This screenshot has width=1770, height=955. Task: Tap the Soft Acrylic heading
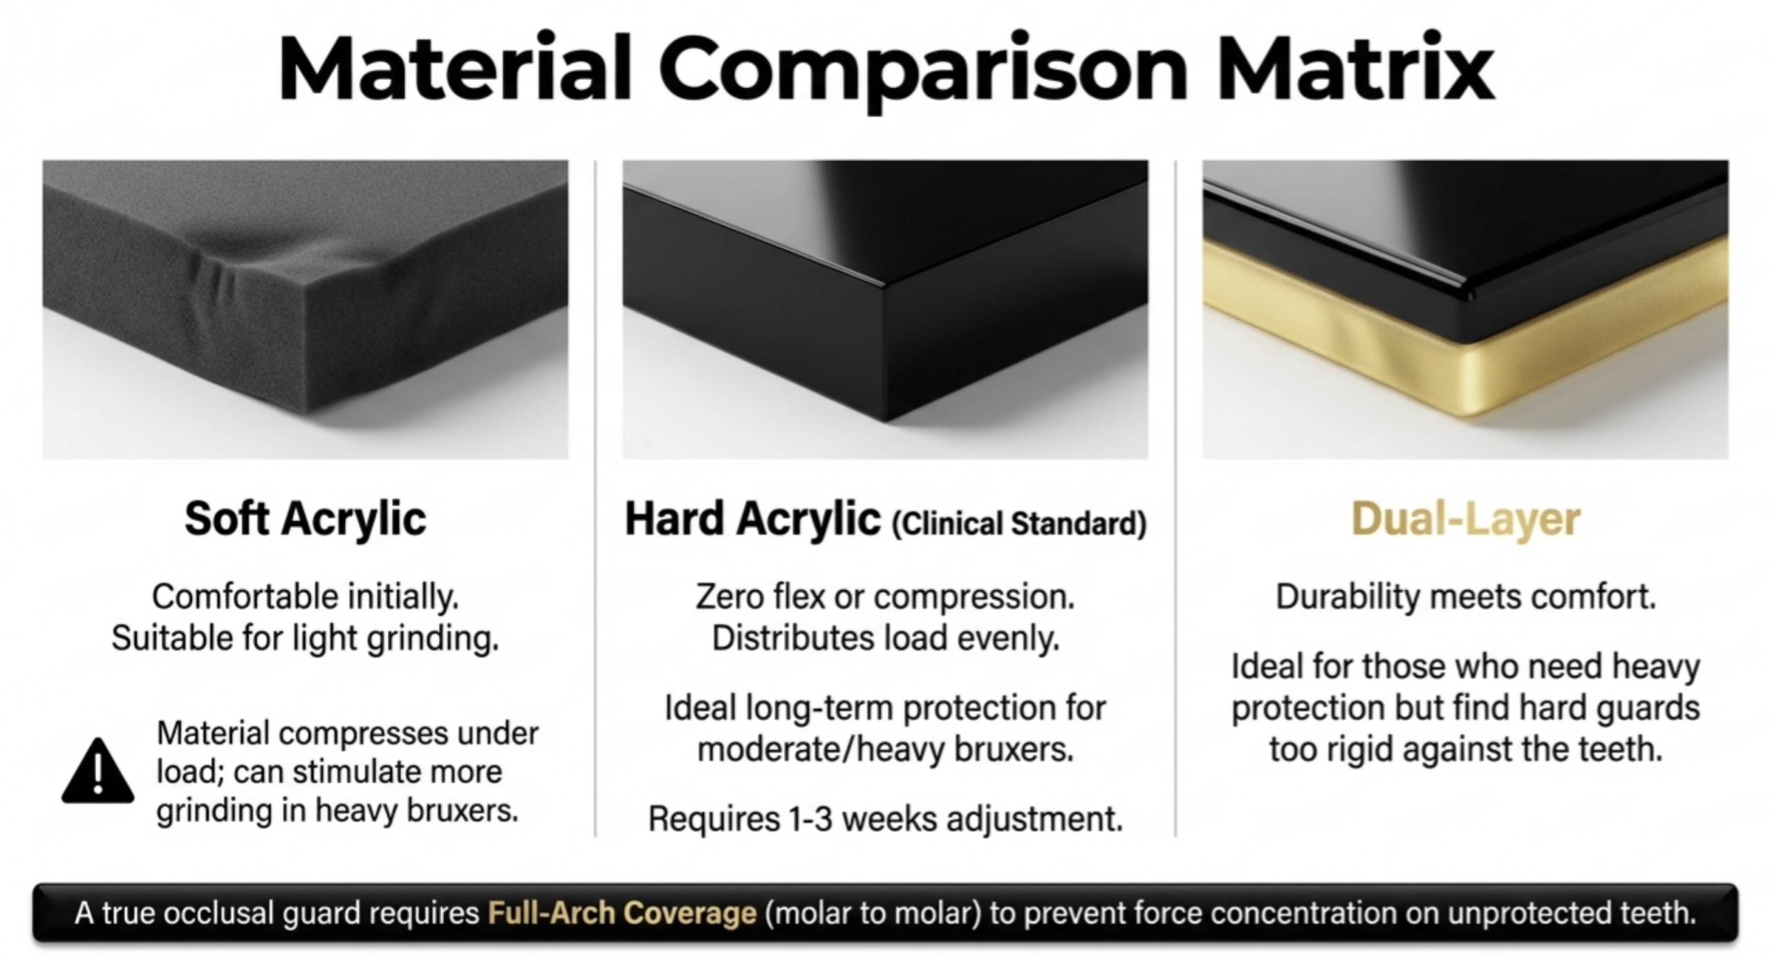coord(305,519)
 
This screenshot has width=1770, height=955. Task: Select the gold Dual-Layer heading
coord(1466,520)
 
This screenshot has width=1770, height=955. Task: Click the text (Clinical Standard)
coord(1019,524)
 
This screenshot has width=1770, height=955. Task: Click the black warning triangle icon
coord(97,773)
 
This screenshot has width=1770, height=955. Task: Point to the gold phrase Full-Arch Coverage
coord(622,913)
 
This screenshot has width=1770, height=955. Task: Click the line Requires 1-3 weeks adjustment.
coord(885,820)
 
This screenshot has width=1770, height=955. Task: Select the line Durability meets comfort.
coord(1466,597)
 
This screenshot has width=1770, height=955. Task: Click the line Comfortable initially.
coord(305,597)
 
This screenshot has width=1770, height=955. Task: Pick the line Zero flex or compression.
coord(885,597)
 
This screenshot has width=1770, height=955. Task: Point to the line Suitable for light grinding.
coord(305,639)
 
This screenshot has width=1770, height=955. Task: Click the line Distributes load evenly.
coord(885,639)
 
